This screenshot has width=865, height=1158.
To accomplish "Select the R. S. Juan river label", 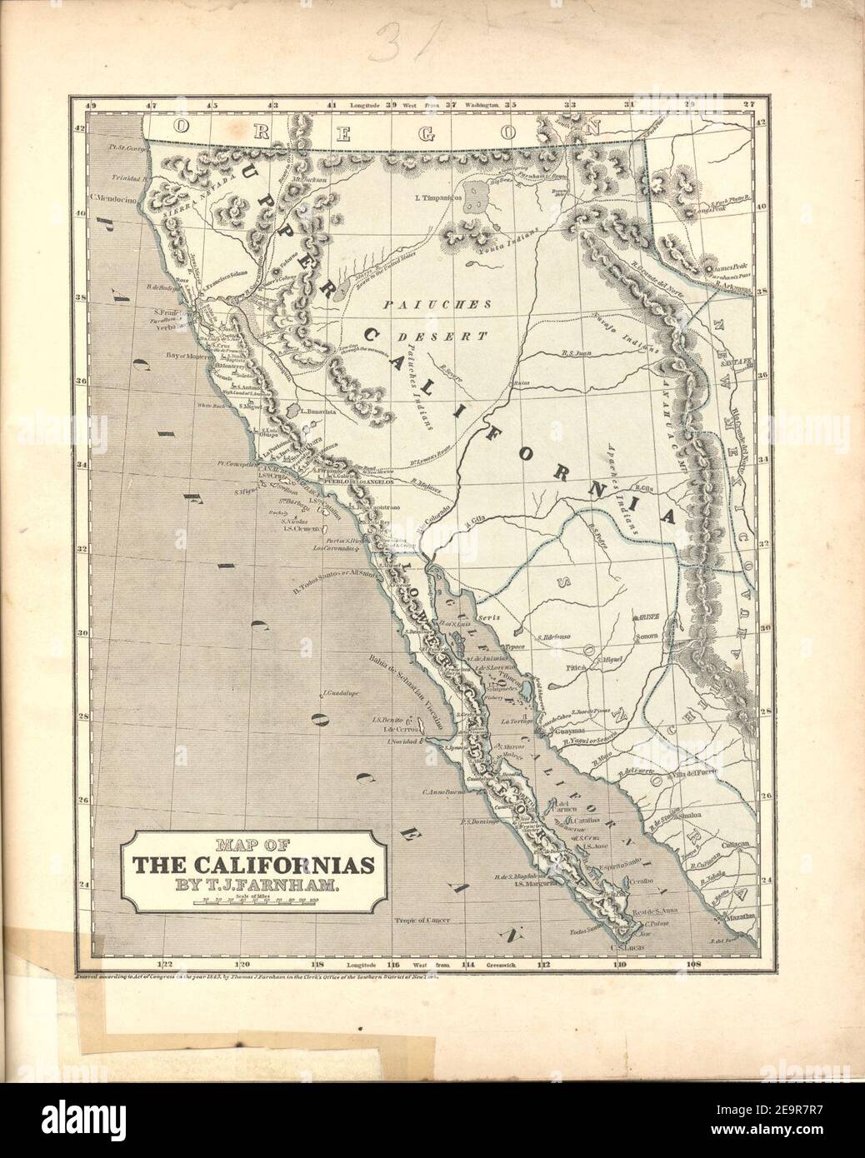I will [x=577, y=353].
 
